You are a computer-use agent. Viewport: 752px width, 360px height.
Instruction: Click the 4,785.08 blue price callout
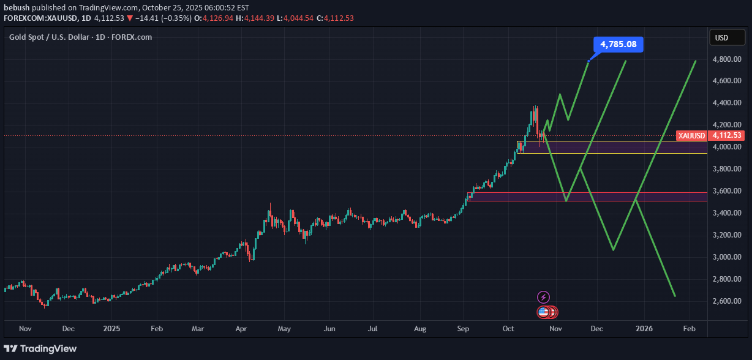619,44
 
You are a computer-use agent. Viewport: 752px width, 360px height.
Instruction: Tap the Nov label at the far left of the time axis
25,329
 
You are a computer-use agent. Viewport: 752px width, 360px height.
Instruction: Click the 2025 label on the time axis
111,329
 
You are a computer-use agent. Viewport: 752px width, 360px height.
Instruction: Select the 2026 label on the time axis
644,329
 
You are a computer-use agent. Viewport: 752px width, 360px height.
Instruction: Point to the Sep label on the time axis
463,329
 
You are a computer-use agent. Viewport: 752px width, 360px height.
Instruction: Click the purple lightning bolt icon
543,298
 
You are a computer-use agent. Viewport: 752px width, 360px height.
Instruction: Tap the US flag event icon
543,312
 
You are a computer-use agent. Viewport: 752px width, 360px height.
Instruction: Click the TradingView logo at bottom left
42,349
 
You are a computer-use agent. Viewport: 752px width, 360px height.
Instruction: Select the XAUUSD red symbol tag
691,135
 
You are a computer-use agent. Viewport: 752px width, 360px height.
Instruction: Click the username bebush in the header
17,8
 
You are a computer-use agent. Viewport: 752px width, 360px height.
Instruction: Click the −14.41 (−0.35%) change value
159,18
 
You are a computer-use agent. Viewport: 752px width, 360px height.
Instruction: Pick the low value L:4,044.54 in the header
293,18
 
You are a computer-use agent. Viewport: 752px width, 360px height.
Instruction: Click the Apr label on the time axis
241,329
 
